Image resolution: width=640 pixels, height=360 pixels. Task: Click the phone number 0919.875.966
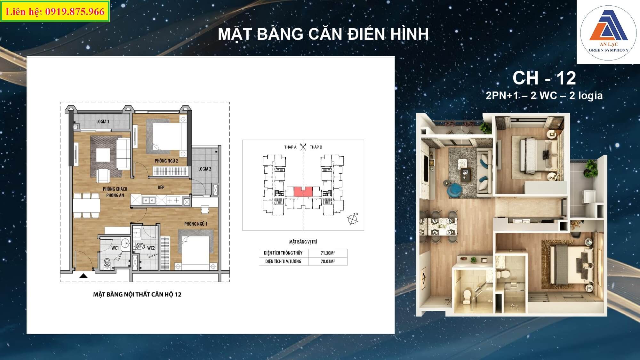(75, 12)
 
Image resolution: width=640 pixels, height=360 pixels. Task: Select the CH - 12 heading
(544, 78)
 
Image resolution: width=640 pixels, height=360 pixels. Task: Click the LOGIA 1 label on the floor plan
(103, 122)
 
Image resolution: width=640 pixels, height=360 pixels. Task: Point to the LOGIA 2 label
(205, 169)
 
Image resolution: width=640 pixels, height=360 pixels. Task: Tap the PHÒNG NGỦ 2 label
(166, 161)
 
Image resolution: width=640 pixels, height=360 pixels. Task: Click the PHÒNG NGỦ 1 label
(196, 224)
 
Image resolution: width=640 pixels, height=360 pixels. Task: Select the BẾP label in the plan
(161, 187)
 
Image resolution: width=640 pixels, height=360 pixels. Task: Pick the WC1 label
(115, 248)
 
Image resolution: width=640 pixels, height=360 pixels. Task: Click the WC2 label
(151, 248)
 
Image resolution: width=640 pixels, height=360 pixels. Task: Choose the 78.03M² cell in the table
(328, 261)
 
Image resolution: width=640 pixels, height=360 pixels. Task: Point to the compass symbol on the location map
(353, 219)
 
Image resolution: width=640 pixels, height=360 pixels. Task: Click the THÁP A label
(290, 147)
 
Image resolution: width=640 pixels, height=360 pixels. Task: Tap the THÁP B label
(316, 147)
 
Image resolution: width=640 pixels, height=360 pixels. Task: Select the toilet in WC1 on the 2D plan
(107, 263)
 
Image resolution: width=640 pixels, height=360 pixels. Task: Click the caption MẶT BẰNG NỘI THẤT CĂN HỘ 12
(137, 294)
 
